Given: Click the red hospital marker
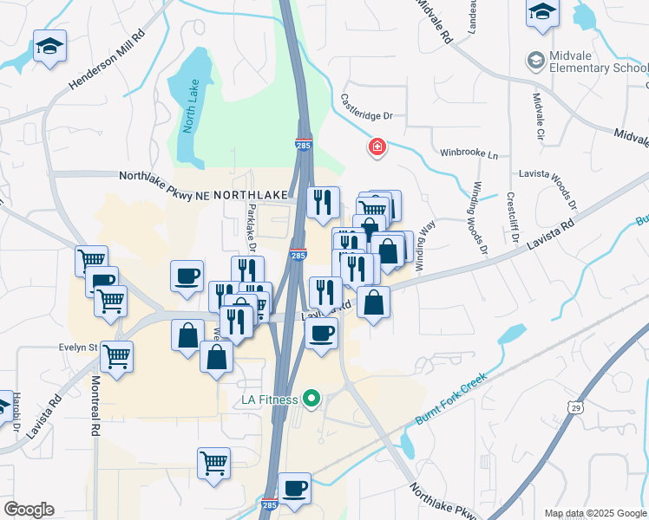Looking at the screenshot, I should [x=377, y=147].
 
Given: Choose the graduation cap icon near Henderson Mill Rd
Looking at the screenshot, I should [x=49, y=48].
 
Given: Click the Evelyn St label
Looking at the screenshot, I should [x=76, y=347].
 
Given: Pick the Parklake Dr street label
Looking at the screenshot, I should [x=252, y=227].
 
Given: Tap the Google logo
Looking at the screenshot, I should [x=29, y=509].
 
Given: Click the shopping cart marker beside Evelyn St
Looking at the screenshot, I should [x=116, y=354].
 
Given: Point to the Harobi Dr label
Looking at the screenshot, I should [x=16, y=413].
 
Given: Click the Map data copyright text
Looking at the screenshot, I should [x=596, y=513].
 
